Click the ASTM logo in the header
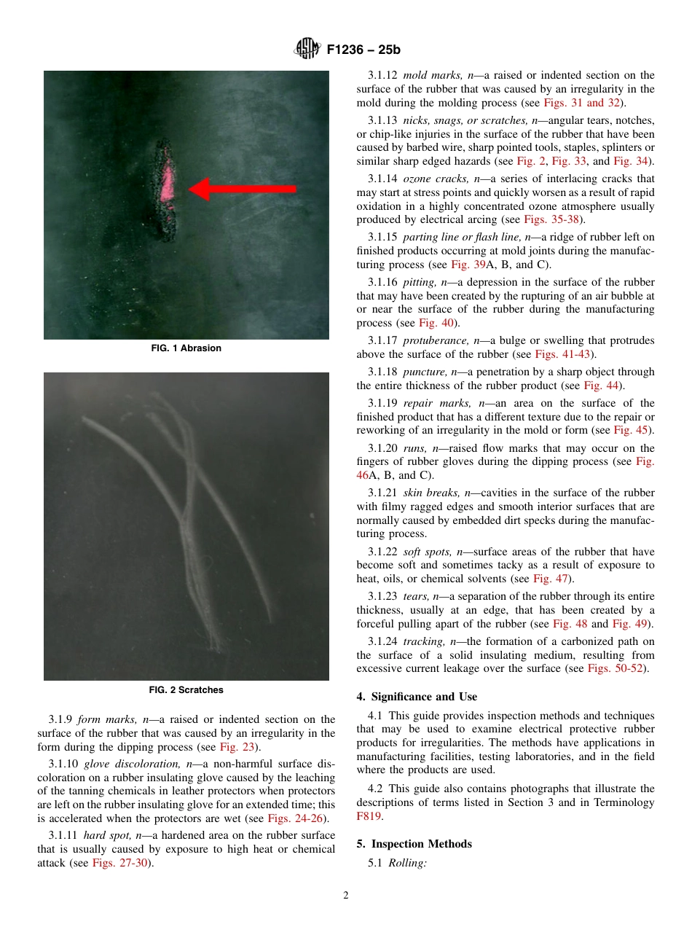(307, 50)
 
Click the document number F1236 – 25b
(363, 50)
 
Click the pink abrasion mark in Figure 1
(168, 183)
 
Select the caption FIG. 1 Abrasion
(186, 348)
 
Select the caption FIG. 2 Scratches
(186, 689)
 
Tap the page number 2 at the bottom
(346, 896)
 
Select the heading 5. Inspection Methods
(414, 844)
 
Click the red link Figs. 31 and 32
(581, 103)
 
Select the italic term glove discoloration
(129, 764)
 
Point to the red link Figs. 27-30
(120, 863)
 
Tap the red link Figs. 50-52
(615, 668)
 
